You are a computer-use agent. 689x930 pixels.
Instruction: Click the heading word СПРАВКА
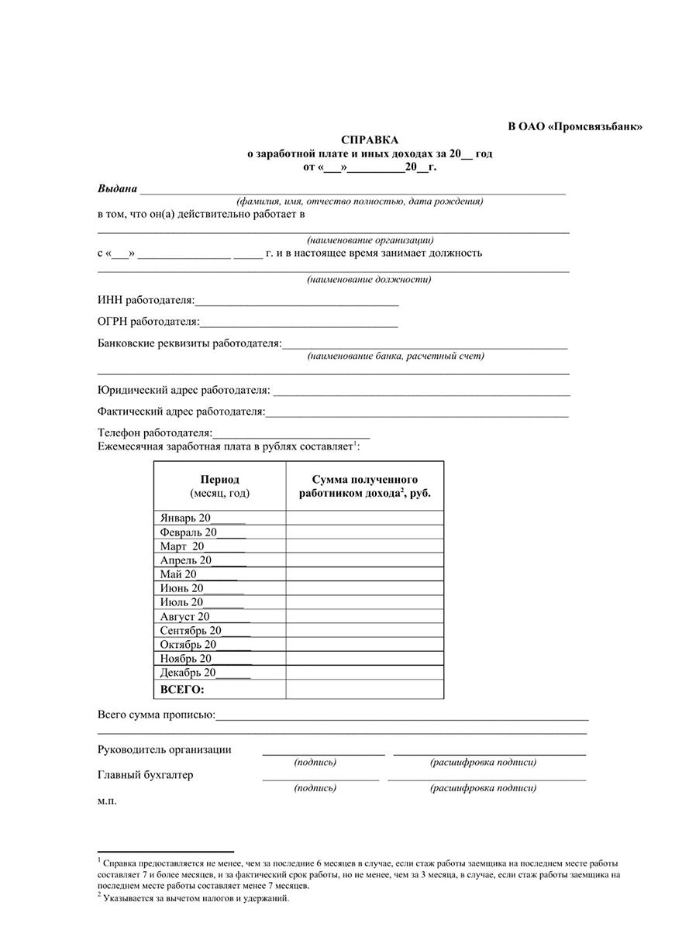point(370,140)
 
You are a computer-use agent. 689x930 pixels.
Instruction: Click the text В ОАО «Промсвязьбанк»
point(575,126)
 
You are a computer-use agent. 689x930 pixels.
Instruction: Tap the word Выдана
point(117,189)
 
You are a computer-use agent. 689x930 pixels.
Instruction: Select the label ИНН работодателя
point(146,300)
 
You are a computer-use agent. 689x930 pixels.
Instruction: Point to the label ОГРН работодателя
point(148,321)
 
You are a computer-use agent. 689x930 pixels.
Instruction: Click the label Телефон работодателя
point(154,432)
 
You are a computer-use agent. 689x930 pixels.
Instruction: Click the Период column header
point(219,480)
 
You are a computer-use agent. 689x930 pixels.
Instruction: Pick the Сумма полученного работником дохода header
point(364,486)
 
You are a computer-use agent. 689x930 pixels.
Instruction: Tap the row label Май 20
point(179,574)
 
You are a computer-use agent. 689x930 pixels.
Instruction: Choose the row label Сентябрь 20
point(191,630)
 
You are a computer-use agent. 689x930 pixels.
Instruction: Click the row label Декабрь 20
point(188,673)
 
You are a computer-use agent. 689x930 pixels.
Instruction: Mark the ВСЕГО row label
point(182,689)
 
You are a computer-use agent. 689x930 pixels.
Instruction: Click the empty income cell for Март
point(364,546)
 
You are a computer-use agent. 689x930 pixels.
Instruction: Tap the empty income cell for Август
point(364,617)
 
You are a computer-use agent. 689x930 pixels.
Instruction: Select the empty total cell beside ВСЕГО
point(364,689)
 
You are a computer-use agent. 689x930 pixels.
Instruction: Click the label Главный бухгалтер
point(145,775)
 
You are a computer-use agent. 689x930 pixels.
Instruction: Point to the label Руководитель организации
point(164,749)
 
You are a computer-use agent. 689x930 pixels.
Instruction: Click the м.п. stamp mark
point(107,801)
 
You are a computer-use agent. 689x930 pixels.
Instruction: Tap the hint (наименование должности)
point(369,280)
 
